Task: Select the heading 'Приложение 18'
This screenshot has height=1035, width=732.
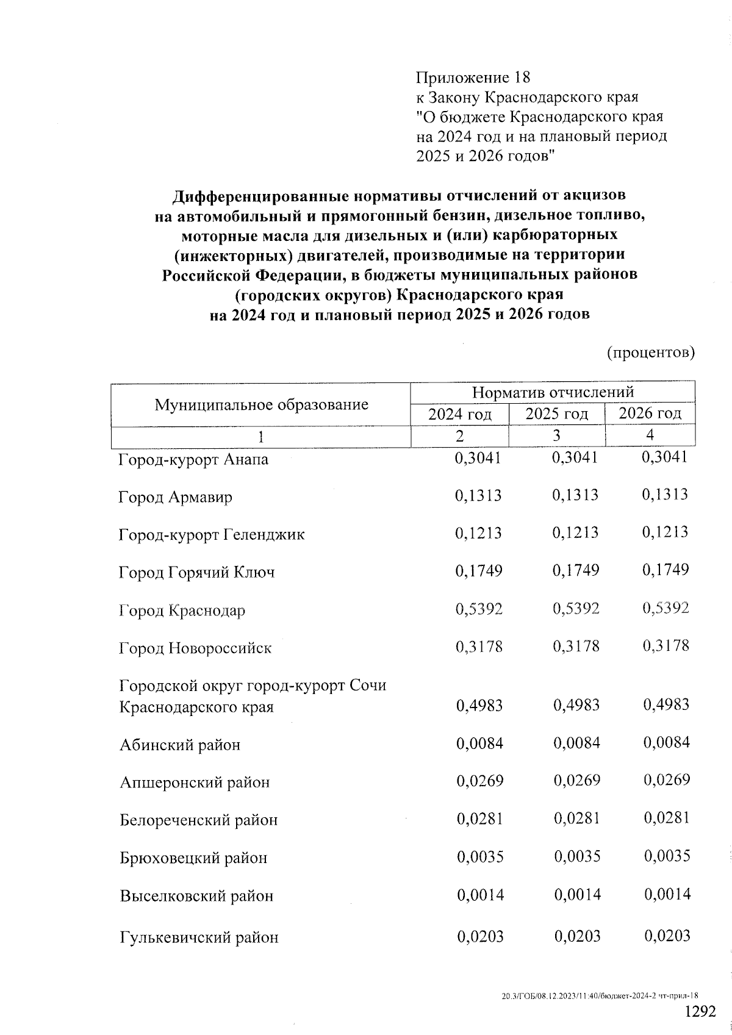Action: click(x=473, y=78)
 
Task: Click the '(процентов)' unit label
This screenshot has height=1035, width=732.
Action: click(x=651, y=353)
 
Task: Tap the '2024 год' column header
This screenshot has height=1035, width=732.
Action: click(x=459, y=414)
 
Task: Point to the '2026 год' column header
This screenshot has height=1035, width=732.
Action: click(x=650, y=414)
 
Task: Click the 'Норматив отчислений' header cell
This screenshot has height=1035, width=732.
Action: click(x=553, y=392)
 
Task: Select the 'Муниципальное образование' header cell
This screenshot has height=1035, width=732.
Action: click(x=261, y=404)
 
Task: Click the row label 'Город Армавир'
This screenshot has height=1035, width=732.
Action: click(x=176, y=497)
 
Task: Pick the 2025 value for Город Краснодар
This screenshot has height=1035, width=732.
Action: click(x=576, y=609)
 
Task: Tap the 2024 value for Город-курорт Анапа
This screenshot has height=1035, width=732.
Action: click(x=478, y=458)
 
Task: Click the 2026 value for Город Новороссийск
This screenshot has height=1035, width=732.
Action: click(x=666, y=646)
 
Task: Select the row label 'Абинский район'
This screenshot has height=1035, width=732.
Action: click(x=180, y=745)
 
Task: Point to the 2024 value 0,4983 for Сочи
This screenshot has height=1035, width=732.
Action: click(x=479, y=706)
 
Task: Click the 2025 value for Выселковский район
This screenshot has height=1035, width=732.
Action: click(x=577, y=895)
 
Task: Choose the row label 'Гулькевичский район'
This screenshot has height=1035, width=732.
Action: click(x=199, y=937)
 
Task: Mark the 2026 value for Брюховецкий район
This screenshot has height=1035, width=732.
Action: click(x=667, y=856)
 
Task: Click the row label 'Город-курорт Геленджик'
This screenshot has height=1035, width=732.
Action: click(x=211, y=535)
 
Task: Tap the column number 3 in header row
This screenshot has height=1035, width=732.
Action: click(x=556, y=435)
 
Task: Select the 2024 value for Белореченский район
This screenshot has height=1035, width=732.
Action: click(x=479, y=818)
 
